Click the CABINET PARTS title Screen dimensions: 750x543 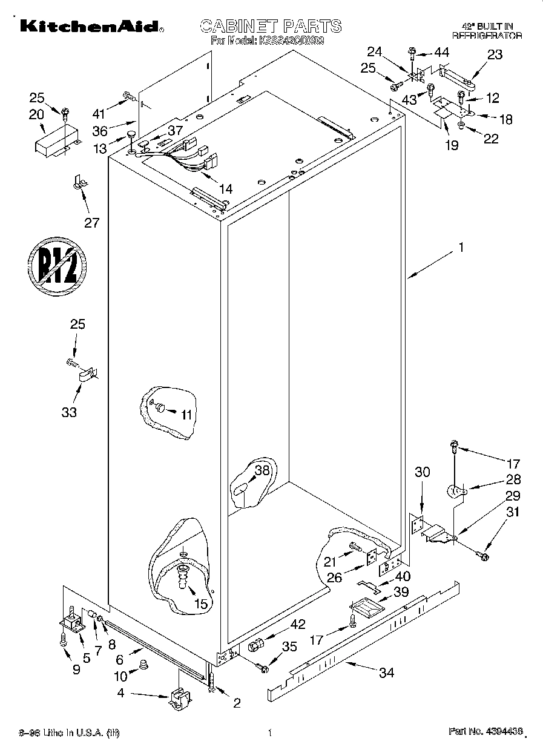271,26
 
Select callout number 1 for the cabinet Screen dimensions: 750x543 461,247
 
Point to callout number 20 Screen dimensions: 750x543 37,114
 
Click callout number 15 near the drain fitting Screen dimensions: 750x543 200,604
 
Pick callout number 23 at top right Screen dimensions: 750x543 495,55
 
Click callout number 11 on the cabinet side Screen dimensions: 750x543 185,415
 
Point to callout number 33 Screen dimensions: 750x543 70,412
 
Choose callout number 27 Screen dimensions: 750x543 91,222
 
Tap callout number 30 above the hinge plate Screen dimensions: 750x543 422,472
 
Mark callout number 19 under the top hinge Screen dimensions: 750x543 452,145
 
